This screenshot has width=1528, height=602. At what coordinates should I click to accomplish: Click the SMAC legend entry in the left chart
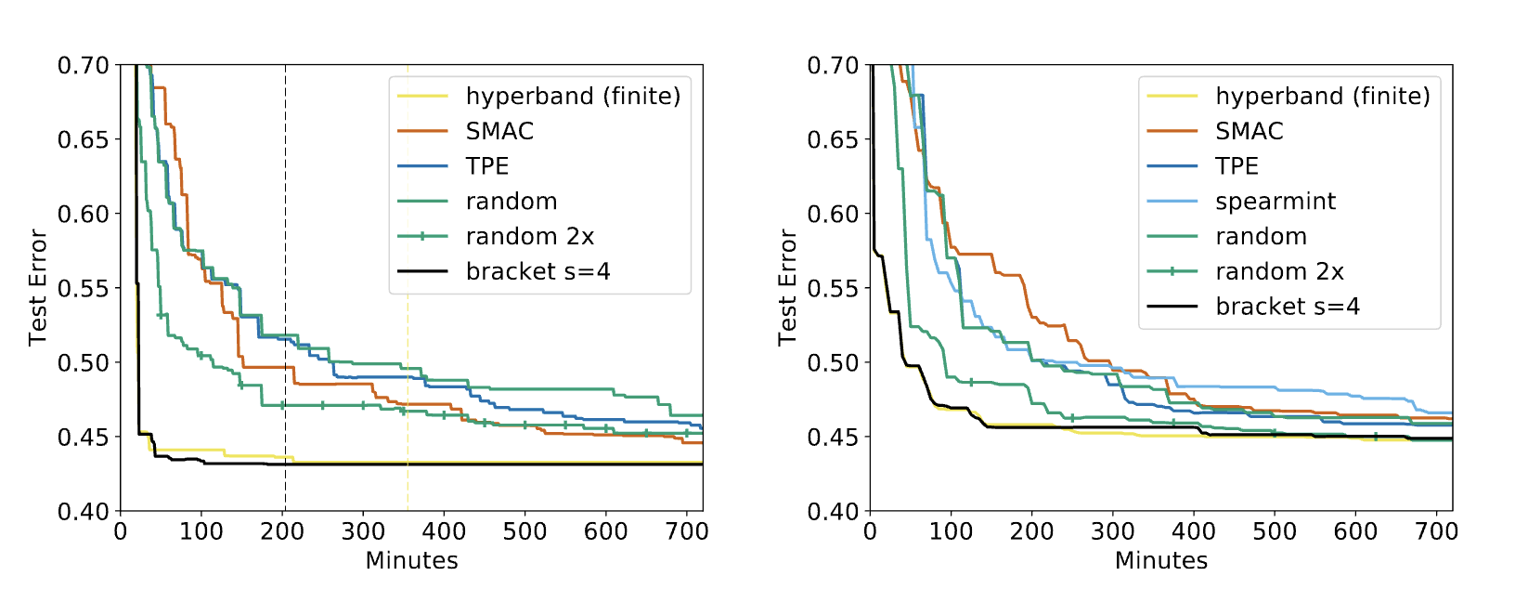(499, 131)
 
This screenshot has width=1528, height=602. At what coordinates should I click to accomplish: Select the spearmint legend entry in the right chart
(1275, 202)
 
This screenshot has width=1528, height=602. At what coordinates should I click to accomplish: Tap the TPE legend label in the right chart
(1237, 166)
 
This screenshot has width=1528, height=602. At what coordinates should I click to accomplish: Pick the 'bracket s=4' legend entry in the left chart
(537, 271)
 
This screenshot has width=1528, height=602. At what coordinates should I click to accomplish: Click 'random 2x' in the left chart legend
(529, 237)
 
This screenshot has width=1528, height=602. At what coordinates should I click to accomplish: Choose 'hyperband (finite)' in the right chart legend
(1322, 96)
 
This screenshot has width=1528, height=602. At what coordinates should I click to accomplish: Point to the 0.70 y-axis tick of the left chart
(84, 66)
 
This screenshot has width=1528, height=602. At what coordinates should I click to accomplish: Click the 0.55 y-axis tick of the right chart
(833, 288)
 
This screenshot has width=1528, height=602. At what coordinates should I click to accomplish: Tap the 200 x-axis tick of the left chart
(282, 531)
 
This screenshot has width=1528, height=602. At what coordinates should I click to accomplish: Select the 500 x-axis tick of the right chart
(1275, 531)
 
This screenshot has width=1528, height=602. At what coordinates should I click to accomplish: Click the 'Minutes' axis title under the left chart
(411, 561)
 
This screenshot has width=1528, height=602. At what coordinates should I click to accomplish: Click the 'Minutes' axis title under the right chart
(1161, 561)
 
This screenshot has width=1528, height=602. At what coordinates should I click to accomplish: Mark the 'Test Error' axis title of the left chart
(37, 288)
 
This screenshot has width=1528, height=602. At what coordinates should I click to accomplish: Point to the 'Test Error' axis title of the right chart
(787, 288)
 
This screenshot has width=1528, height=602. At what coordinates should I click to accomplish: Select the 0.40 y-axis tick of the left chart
(84, 512)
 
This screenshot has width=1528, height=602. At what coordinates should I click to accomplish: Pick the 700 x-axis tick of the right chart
(1436, 531)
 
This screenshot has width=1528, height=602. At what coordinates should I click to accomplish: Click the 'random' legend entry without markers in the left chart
(511, 202)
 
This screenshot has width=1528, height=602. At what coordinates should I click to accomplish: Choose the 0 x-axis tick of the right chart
(870, 531)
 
